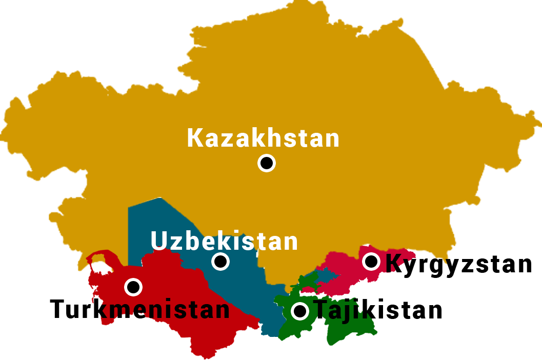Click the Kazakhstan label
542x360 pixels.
tap(263, 138)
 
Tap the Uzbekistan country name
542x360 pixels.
tap(224, 241)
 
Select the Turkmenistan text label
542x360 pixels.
tap(139, 310)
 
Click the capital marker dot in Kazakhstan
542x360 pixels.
tap(267, 163)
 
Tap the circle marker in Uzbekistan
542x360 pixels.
tap(220, 262)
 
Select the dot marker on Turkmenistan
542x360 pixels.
tap(133, 287)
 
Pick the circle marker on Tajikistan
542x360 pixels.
tap(300, 311)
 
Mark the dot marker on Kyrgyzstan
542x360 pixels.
tap(371, 262)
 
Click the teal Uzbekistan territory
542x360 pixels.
tap(154, 221)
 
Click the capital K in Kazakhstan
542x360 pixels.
tap(195, 138)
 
